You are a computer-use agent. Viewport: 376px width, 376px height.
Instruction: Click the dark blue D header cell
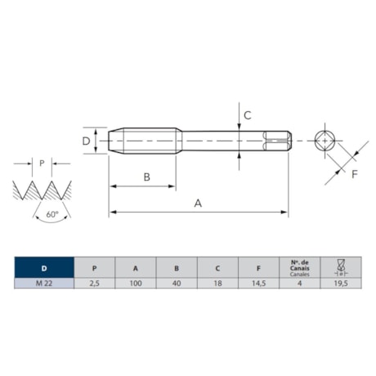coord(44,267)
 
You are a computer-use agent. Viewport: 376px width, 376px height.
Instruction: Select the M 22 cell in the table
coord(44,284)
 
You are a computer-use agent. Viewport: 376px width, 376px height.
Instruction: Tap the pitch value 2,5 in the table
coord(95,284)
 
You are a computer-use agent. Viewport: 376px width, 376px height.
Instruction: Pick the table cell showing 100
coord(136,284)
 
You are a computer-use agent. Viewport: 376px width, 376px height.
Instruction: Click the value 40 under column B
coord(177,284)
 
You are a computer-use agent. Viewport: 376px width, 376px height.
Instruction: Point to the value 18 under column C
coord(217,284)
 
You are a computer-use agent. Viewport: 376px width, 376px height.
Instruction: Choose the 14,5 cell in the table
coord(258,284)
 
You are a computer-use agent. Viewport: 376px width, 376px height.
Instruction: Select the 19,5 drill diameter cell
coord(341,284)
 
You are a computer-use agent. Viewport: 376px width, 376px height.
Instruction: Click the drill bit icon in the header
coord(341,267)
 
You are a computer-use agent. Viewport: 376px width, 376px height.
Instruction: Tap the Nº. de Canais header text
coord(300,266)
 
